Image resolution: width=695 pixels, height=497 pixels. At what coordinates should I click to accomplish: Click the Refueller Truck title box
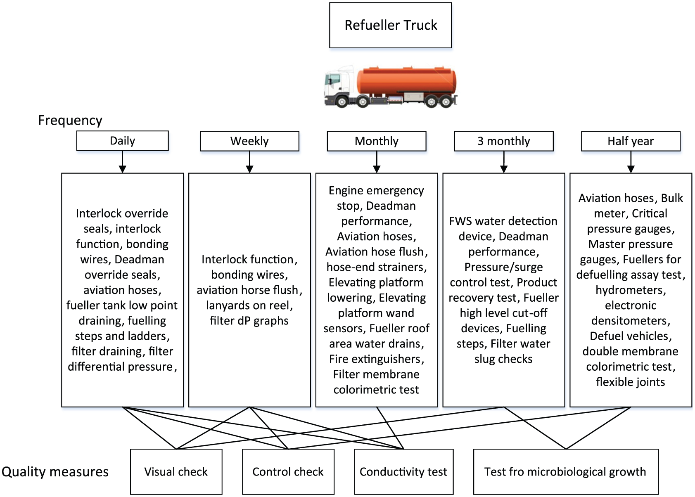tap(390, 25)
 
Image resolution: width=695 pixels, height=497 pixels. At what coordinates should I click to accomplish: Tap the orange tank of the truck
tap(406, 80)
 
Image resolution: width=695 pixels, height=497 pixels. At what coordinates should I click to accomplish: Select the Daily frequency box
tap(123, 141)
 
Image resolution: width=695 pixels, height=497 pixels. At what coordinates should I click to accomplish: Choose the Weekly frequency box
tap(249, 141)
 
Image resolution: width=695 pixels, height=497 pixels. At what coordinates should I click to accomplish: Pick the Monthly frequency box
tap(377, 141)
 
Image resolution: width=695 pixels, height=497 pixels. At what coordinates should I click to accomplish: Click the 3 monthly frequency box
tap(504, 141)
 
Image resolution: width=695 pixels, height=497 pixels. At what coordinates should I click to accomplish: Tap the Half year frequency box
tap(631, 141)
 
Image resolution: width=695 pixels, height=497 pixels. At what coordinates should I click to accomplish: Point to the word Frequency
tap(70, 121)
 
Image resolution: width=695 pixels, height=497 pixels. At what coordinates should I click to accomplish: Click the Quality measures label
tap(55, 471)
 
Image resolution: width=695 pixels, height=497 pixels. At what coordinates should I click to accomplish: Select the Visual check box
tap(176, 471)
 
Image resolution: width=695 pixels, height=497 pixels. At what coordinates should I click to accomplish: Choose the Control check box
tap(288, 471)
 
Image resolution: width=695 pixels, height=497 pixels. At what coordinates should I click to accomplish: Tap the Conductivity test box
tap(403, 471)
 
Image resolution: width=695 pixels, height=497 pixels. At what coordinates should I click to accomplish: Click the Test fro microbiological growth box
tap(566, 471)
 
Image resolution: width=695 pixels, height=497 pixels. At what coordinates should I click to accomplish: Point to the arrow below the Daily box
tap(123, 162)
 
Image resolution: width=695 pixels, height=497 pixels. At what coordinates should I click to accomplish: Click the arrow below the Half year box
tap(631, 162)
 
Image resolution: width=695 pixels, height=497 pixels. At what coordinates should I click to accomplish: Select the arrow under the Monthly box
tap(377, 162)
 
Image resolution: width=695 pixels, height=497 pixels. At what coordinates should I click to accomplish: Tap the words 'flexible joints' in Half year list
tap(631, 382)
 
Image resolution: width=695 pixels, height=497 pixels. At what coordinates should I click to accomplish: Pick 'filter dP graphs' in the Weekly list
tap(249, 321)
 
